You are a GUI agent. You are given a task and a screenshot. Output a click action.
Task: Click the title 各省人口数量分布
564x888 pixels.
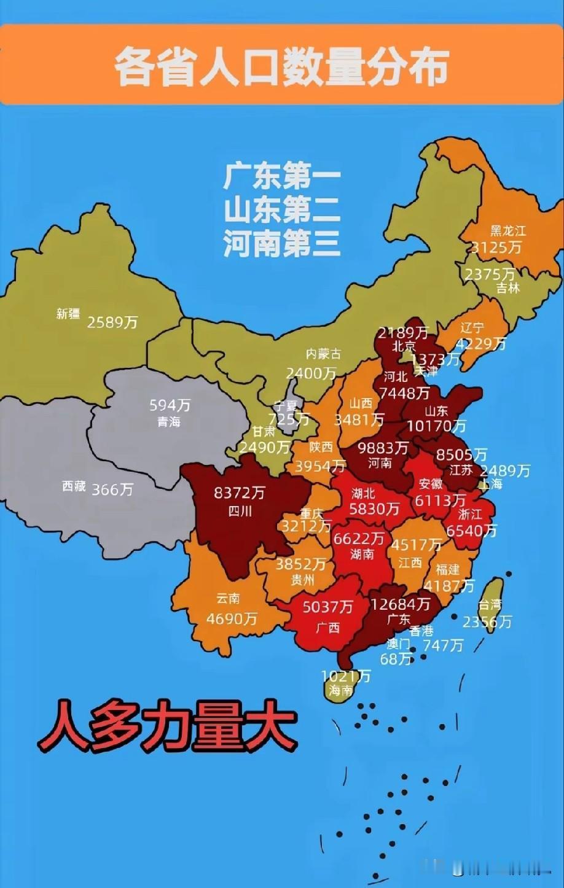[282, 66]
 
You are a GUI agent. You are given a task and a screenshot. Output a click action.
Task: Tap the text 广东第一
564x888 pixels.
[282, 178]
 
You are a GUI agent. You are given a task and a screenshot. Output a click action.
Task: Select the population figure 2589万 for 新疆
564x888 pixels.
[112, 322]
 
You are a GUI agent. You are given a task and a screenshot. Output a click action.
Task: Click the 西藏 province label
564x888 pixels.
[74, 486]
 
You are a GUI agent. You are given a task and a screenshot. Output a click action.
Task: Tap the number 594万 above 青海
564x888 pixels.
[170, 405]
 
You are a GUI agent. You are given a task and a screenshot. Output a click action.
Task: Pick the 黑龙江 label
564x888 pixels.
[508, 231]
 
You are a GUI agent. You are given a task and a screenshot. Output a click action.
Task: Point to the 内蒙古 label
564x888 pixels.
[324, 354]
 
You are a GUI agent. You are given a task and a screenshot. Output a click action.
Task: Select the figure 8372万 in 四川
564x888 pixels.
[240, 493]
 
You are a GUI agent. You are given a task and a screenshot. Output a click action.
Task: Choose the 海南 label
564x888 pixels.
[340, 690]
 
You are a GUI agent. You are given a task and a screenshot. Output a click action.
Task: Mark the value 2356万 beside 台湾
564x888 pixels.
[487, 621]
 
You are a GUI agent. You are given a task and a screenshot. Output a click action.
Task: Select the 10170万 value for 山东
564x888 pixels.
[436, 425]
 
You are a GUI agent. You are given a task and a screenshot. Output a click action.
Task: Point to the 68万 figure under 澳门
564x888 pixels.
[396, 659]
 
